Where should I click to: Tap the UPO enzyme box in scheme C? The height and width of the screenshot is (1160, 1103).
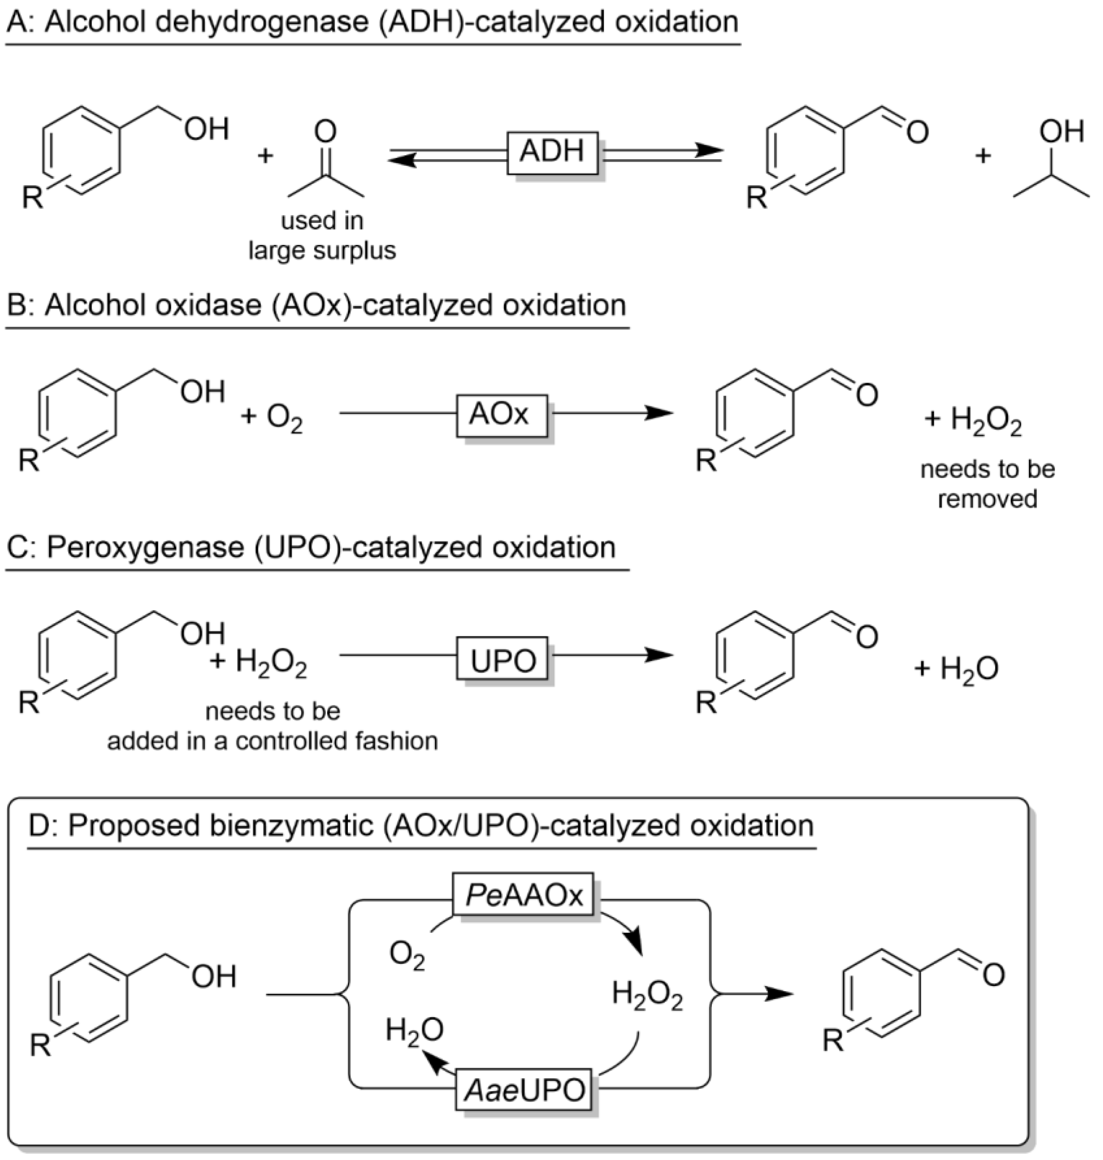coord(504,660)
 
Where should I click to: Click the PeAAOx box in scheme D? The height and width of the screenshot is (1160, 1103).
coord(524,895)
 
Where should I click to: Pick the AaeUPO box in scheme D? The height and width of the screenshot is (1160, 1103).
coord(524,1090)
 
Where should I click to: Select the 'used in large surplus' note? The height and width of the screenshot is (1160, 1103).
coord(322,235)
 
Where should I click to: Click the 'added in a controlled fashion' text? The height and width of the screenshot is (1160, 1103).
coord(273,741)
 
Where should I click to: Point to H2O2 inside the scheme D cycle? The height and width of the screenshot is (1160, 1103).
coord(647,995)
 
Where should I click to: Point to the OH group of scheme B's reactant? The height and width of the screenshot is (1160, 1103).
coord(202,392)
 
